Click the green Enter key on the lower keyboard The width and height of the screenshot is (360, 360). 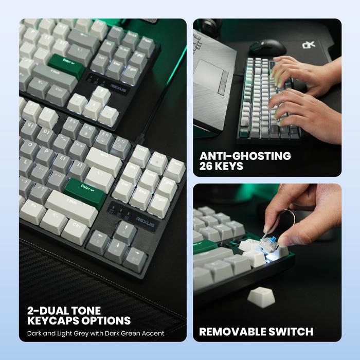pos(85,189)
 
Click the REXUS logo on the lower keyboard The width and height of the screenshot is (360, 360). pos(135,218)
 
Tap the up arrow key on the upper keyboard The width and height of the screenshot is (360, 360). pos(100,96)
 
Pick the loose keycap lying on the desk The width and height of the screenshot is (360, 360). pos(262,295)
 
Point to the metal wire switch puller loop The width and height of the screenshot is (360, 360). pos(286,208)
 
